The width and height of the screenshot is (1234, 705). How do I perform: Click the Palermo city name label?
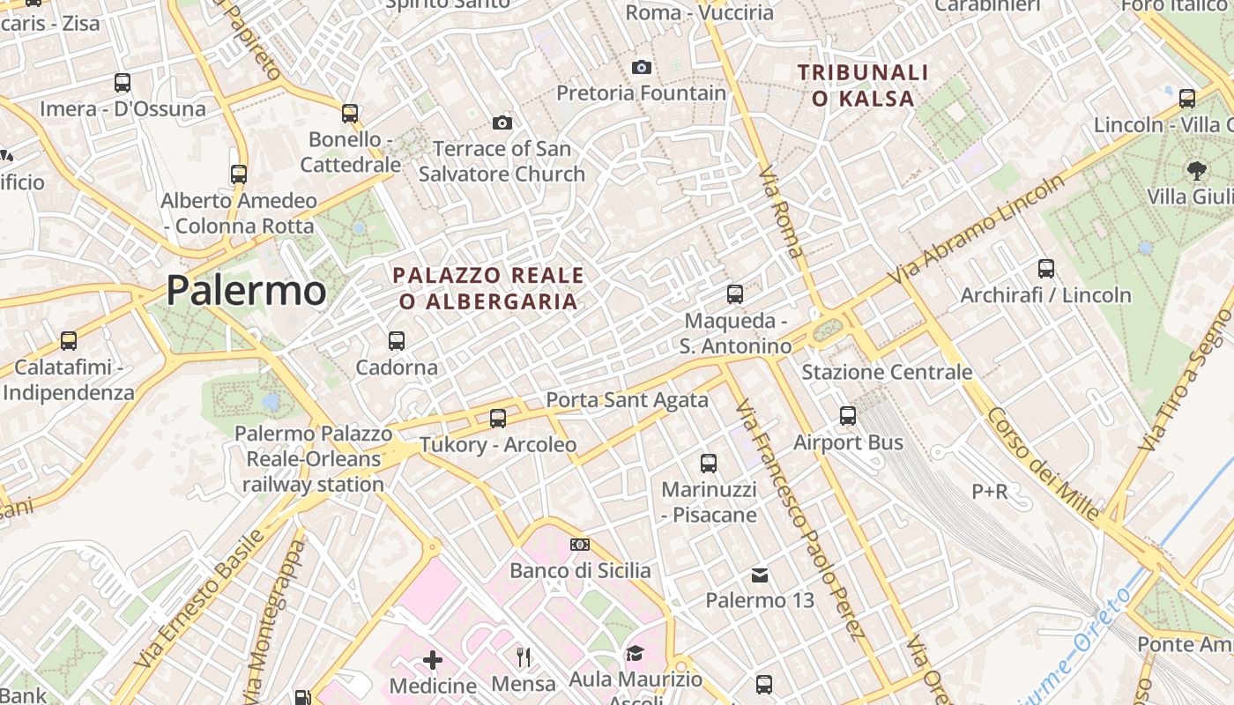tap(246, 290)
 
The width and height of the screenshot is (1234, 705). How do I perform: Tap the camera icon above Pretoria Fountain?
tap(642, 67)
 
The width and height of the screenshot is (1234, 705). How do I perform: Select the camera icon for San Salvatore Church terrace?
tap(502, 122)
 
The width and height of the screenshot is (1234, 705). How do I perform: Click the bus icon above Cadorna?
tap(397, 340)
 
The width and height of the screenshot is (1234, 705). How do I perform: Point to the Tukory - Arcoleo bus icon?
tap(498, 418)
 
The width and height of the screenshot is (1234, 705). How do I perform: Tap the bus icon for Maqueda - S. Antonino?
tap(735, 294)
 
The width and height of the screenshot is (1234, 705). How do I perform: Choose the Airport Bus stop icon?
tap(848, 416)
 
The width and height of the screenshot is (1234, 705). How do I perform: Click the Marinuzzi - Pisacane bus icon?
tap(709, 463)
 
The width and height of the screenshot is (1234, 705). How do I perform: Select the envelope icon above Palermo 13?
tap(760, 575)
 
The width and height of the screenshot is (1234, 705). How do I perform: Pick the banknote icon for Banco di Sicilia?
tap(579, 545)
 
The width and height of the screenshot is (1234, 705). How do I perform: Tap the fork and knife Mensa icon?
tap(524, 657)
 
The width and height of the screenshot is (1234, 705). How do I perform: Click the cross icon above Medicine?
tap(433, 659)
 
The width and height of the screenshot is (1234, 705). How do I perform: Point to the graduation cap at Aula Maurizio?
tap(635, 653)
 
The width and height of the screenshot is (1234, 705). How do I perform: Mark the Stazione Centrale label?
tap(887, 372)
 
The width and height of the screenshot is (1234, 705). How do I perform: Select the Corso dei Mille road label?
tap(1044, 463)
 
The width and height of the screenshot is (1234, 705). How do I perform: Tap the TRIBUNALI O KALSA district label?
tap(863, 85)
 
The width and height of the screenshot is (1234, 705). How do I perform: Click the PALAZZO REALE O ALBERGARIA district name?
tap(488, 288)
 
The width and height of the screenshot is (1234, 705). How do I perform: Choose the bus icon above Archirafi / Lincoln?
tap(1046, 268)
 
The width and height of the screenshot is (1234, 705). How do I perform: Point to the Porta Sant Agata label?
tap(627, 400)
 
